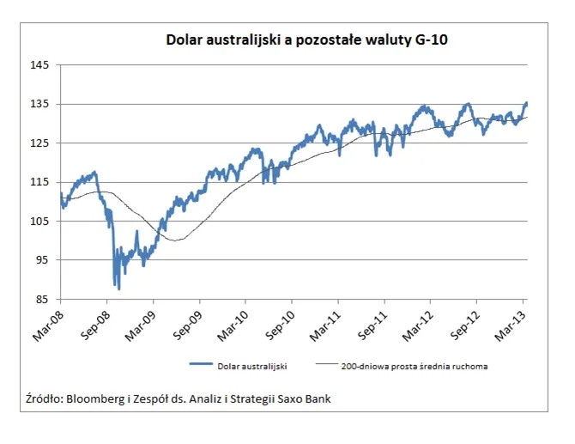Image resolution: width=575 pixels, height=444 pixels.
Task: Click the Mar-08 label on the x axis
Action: pyautogui.click(x=50, y=320)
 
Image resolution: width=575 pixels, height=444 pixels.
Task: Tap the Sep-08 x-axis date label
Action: pyautogui.click(x=96, y=320)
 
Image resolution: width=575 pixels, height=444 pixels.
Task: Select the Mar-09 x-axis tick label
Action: pyautogui.click(x=142, y=320)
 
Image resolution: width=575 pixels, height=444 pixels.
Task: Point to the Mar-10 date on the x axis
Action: pyautogui.click(x=234, y=320)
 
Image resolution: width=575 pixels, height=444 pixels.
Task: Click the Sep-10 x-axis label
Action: pyautogui.click(x=281, y=320)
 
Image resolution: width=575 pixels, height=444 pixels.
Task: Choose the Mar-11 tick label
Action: pyautogui.click(x=327, y=320)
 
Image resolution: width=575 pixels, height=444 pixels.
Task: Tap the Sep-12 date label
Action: pyautogui.click(x=465, y=320)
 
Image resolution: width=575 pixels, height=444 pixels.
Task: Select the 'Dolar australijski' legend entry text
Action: pyautogui.click(x=253, y=365)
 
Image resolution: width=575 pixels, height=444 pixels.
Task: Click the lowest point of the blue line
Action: pyautogui.click(x=118, y=289)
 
